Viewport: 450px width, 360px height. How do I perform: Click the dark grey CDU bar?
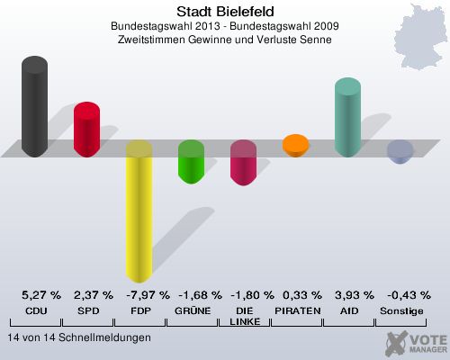(34, 106)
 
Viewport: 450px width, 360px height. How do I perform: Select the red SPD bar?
(86, 130)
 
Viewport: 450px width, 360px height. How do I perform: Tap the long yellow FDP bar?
(139, 211)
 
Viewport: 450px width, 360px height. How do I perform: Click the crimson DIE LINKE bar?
(243, 163)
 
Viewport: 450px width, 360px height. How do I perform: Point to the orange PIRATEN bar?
(295, 145)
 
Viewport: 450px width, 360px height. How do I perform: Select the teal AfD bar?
(347, 117)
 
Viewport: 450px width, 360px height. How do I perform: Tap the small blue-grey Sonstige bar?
(400, 152)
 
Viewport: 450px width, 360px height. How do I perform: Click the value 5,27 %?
(41, 295)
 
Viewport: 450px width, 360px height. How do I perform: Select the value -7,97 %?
(146, 295)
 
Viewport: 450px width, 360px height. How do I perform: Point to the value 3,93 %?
(355, 295)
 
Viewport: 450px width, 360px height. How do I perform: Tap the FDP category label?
(139, 310)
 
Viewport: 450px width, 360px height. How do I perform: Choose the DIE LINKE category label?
(243, 316)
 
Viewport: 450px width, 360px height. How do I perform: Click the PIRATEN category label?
(295, 310)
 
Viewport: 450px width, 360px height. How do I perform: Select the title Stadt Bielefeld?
(225, 11)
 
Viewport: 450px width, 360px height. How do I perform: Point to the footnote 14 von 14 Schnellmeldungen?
(79, 337)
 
